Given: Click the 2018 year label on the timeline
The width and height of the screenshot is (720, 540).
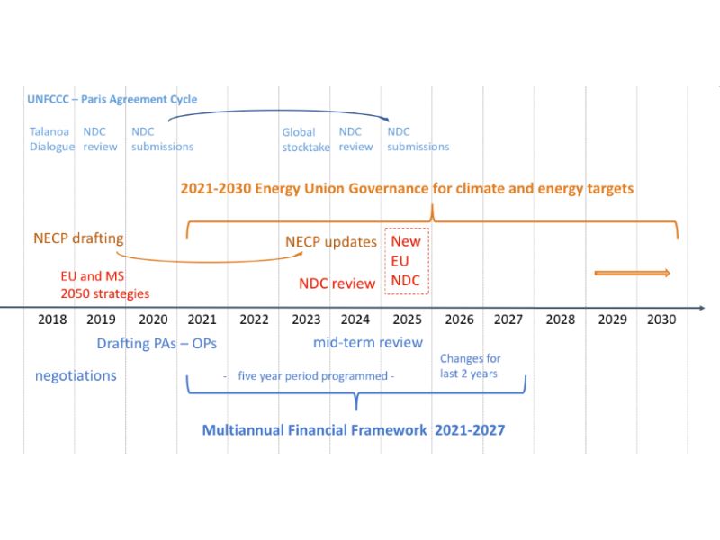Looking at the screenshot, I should (52, 319).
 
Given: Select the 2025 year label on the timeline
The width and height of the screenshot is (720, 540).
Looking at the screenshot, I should (407, 319).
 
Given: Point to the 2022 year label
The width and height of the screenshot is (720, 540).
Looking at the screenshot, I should (254, 319).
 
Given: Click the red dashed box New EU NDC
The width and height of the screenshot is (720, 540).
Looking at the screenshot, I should (407, 261).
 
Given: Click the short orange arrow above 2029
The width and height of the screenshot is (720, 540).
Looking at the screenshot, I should (632, 273).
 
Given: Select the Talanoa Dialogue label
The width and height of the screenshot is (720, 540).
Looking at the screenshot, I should (51, 139).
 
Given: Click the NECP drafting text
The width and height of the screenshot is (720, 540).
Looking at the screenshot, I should (78, 238).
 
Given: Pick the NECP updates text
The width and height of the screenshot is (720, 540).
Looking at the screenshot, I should (331, 241).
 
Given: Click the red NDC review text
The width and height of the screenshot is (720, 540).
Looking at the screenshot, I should (337, 283).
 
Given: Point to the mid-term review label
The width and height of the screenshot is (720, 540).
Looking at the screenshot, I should (368, 342).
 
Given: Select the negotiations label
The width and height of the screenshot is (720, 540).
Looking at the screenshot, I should (76, 375).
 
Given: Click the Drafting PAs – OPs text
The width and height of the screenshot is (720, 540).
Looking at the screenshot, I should (157, 343).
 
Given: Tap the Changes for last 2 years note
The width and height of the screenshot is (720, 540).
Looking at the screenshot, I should (470, 366).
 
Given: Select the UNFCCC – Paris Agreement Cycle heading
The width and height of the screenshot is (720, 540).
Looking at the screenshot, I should (113, 99).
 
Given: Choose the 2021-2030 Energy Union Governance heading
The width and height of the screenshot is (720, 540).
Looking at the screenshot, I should (407, 188).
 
